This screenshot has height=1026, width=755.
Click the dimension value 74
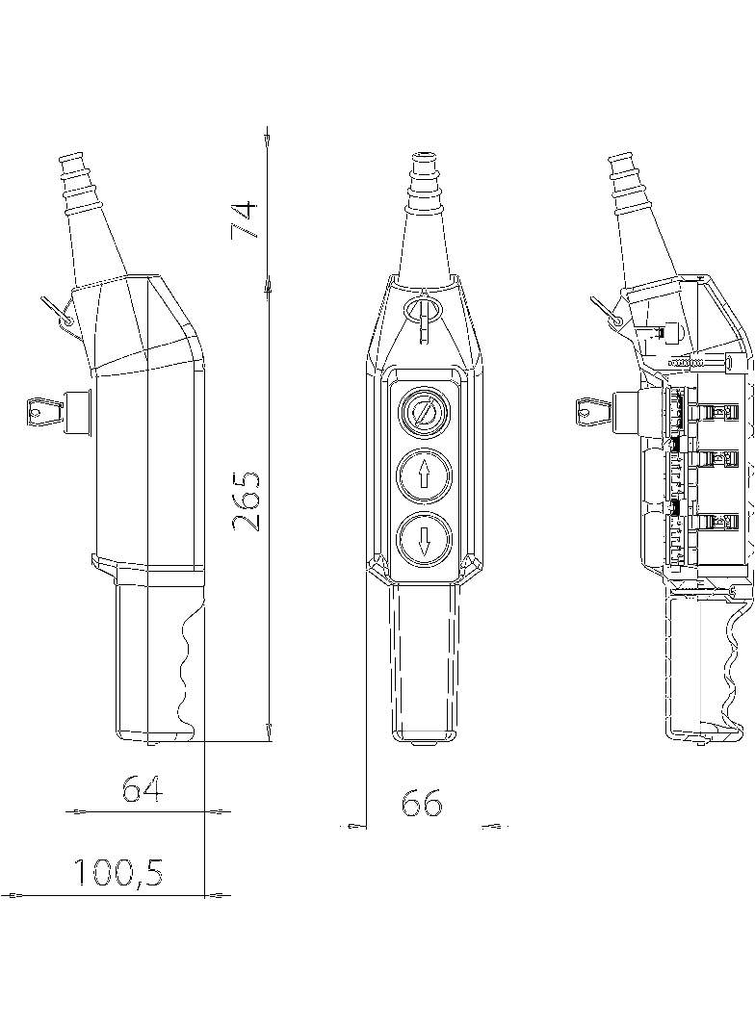click(245, 220)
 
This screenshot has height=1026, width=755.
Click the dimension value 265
click(247, 500)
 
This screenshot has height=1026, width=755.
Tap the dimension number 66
click(422, 802)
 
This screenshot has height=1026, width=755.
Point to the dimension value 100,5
click(117, 871)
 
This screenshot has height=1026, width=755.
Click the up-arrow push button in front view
click(424, 475)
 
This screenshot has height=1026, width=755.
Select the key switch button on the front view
click(424, 414)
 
